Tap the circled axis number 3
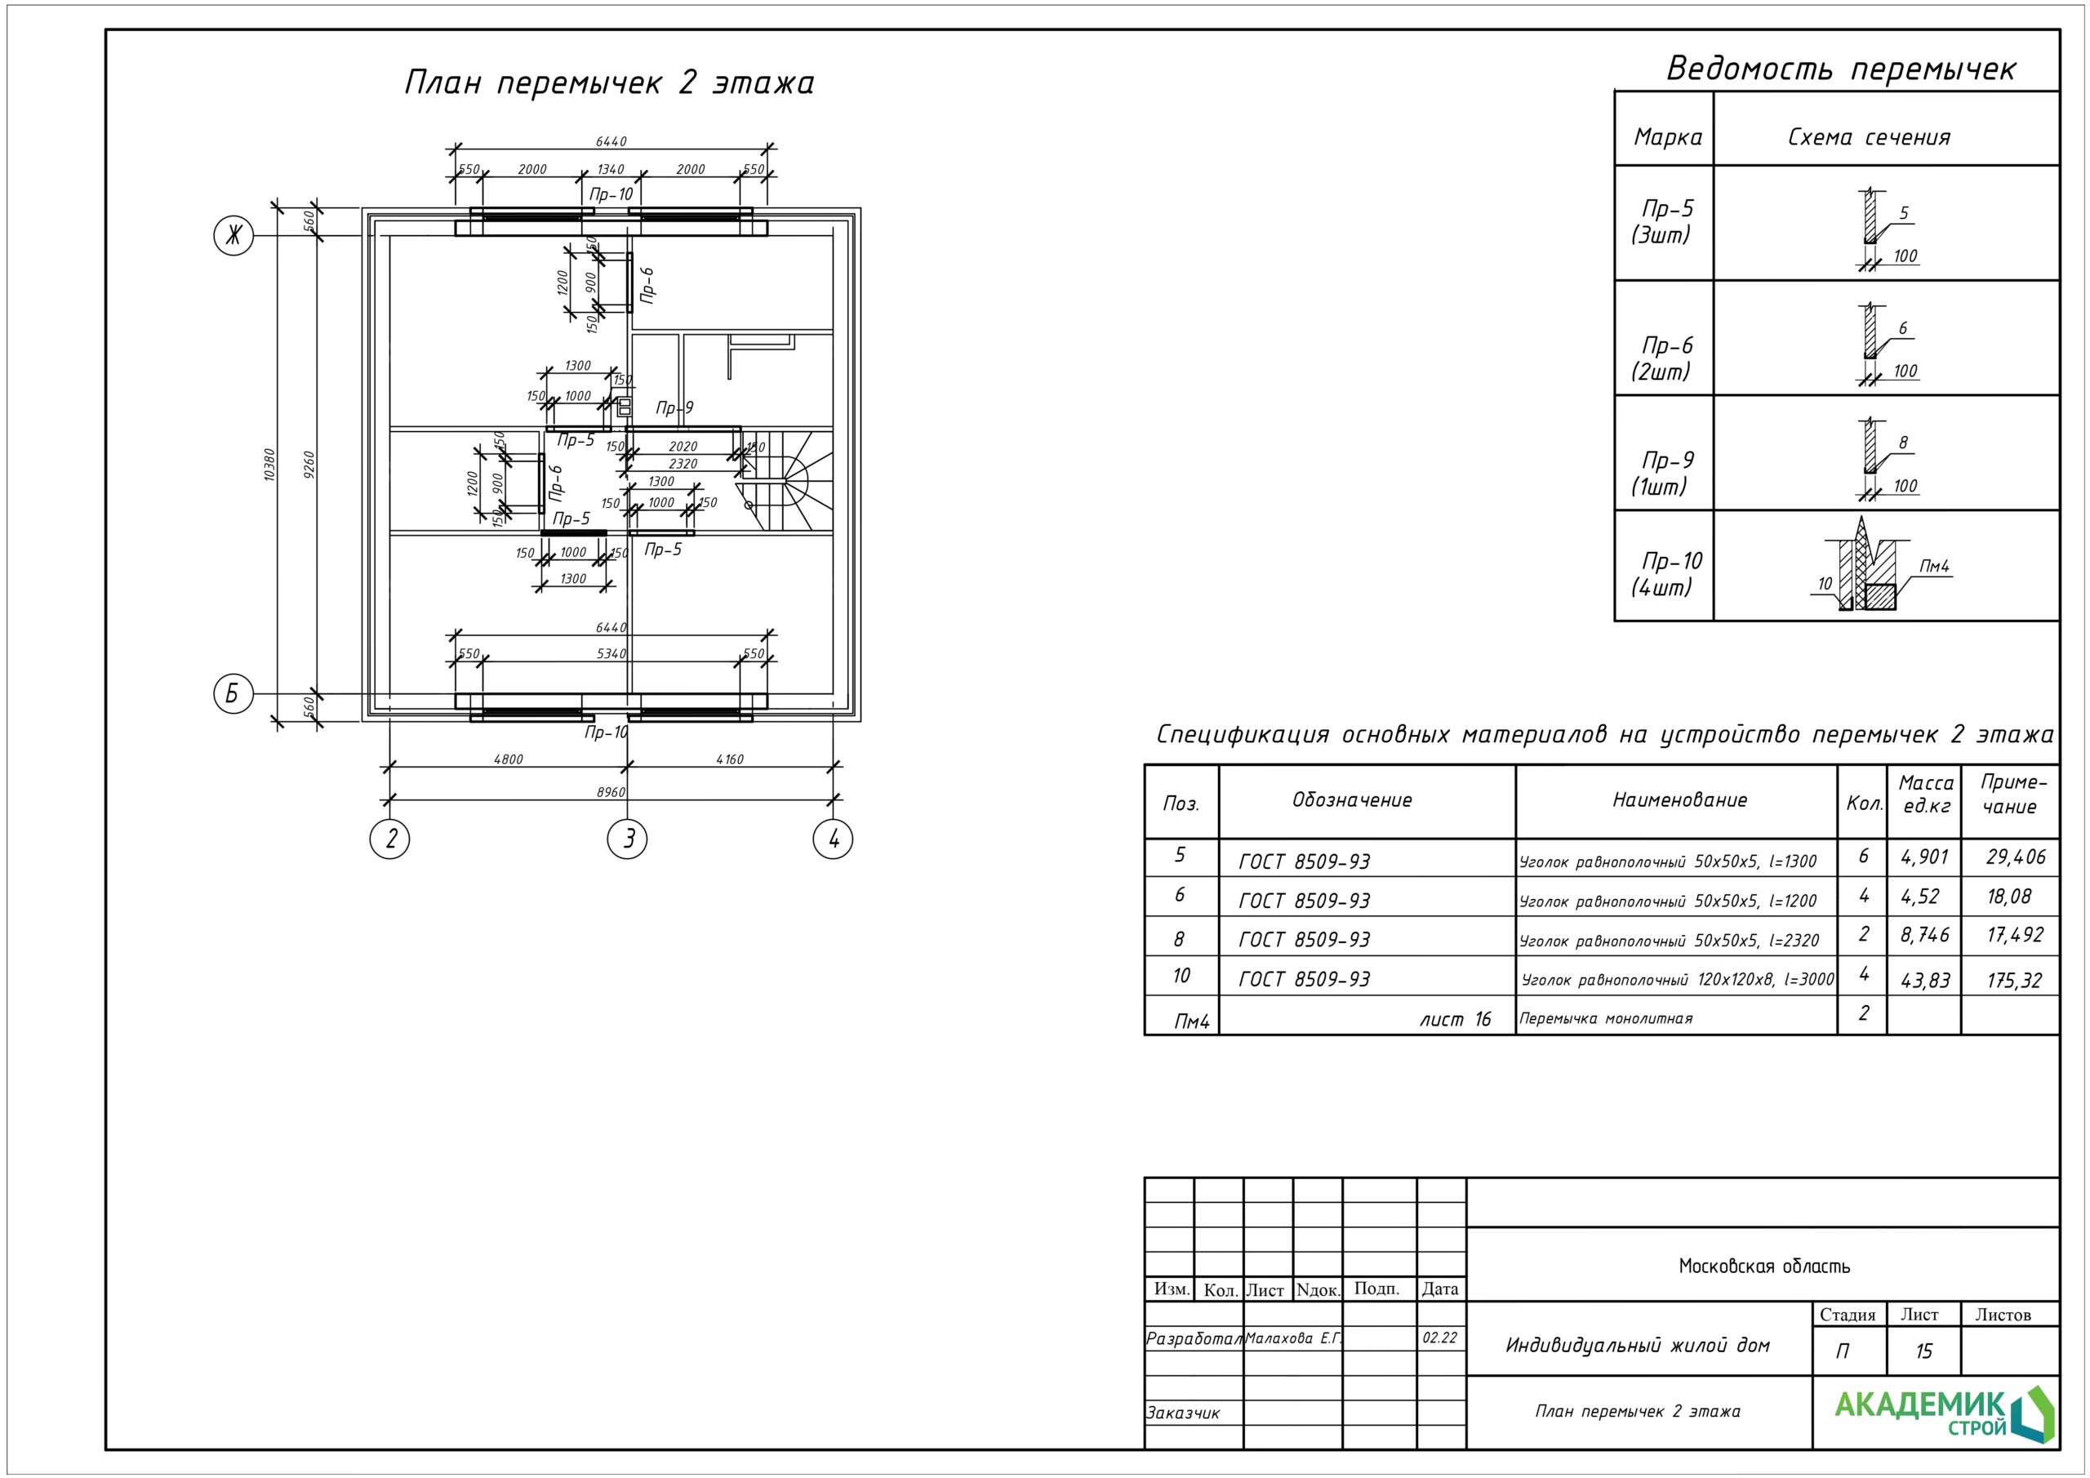coord(627,838)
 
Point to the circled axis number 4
coord(833,838)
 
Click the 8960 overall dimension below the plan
coord(611,792)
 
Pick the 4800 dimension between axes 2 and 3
coord(508,759)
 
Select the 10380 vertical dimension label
coord(269,465)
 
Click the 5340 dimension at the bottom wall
coord(611,654)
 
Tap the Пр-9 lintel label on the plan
coord(674,408)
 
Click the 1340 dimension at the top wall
coord(611,169)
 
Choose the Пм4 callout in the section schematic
coord(1934,567)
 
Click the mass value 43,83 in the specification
coord(1925,981)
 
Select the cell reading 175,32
coord(2014,981)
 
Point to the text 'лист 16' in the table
coord(1456,1019)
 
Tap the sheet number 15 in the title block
coord(1923,1351)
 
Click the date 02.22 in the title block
coord(1440,1338)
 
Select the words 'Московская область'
coord(1764,1266)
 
